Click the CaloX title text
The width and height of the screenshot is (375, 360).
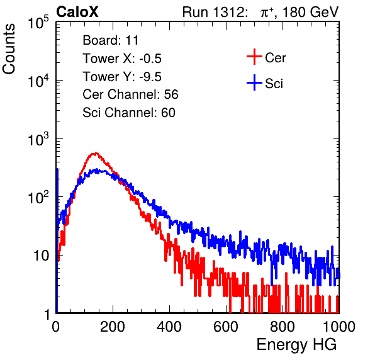click(x=77, y=12)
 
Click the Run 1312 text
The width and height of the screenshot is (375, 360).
click(x=215, y=12)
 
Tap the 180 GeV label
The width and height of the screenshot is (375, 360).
click(x=310, y=12)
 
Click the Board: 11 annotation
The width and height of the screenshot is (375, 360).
click(x=111, y=40)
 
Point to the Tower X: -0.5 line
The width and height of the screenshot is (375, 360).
click(x=122, y=59)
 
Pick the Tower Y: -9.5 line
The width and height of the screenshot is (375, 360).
click(x=122, y=77)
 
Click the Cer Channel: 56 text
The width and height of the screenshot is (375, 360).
click(x=130, y=94)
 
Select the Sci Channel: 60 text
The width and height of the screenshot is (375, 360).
click(x=129, y=113)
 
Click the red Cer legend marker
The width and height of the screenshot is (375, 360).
click(x=254, y=57)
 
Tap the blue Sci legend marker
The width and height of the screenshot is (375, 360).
click(x=254, y=82)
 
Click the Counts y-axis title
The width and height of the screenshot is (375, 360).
click(x=9, y=49)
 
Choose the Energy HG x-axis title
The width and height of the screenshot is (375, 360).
click(x=296, y=345)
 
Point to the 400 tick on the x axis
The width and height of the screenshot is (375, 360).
click(x=169, y=327)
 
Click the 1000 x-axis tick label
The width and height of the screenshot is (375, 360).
click(x=339, y=327)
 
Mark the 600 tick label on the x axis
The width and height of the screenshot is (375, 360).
click(x=226, y=327)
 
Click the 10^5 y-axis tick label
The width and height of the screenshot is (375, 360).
click(x=38, y=23)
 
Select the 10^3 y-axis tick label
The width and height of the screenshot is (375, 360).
click(x=38, y=139)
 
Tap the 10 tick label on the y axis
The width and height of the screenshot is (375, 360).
click(x=42, y=256)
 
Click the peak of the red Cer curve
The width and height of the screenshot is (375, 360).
click(x=96, y=153)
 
